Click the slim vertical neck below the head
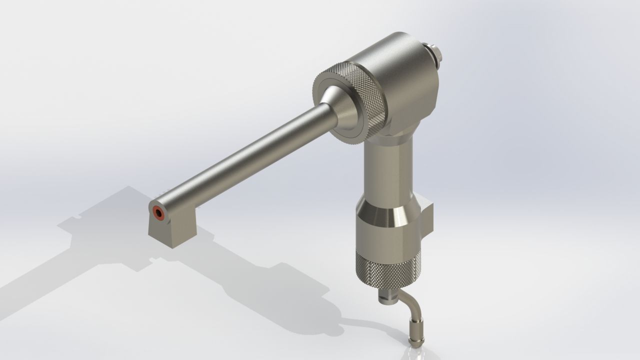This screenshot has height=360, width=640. [387, 170]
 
